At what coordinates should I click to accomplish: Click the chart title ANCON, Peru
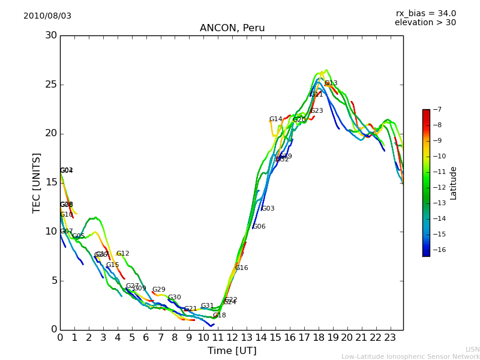(232, 28)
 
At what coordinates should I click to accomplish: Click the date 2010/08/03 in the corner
(47, 16)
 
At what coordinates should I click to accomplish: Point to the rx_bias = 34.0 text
(425, 14)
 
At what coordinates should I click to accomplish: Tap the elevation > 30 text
(425, 23)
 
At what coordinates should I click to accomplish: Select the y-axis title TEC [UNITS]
(37, 182)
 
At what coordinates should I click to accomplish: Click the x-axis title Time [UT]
(232, 351)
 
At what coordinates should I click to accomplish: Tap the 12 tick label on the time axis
(232, 338)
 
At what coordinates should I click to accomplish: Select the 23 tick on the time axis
(389, 338)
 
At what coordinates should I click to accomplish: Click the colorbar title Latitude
(454, 183)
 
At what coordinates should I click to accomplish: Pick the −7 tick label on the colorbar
(436, 110)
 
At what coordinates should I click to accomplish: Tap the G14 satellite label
(275, 119)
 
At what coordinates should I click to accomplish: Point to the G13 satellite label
(331, 83)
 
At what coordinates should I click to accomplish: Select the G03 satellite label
(268, 209)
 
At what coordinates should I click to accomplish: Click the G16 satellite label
(241, 268)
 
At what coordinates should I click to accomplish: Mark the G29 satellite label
(158, 290)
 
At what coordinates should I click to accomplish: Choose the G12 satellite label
(122, 254)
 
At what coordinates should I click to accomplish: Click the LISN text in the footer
(472, 349)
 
